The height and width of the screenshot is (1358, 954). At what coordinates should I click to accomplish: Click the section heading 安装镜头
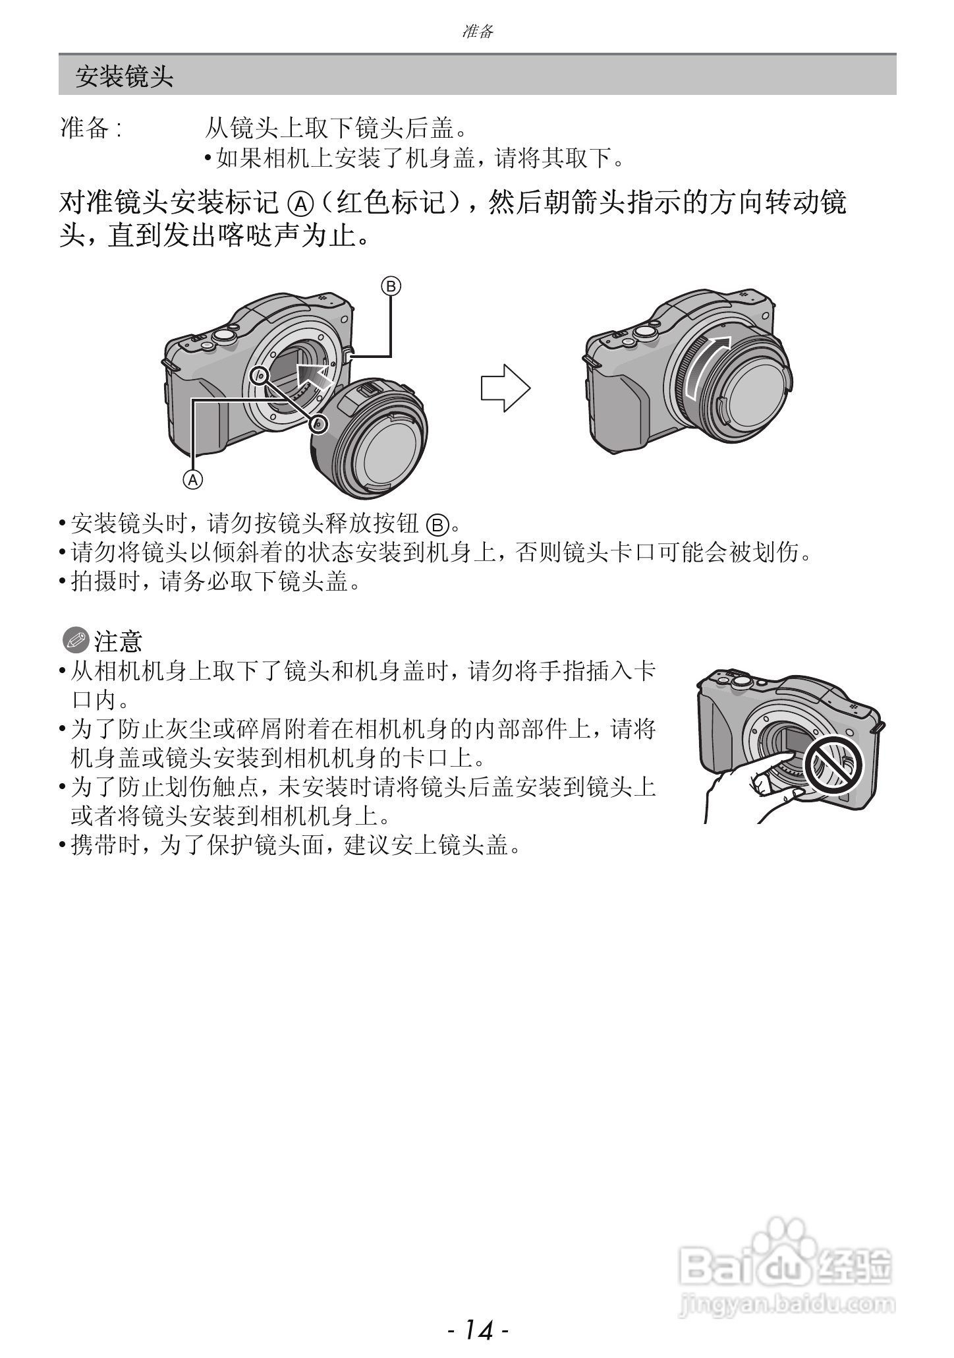(124, 77)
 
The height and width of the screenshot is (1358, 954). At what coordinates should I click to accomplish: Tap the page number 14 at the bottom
(478, 1330)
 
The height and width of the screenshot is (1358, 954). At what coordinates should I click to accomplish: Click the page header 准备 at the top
(477, 31)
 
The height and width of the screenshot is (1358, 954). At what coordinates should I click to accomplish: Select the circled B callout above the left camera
(391, 286)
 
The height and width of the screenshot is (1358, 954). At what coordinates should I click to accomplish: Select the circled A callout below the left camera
(193, 479)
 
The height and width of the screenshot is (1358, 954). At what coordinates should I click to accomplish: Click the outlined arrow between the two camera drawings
(505, 388)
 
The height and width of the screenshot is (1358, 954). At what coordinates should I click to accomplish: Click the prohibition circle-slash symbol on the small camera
(834, 764)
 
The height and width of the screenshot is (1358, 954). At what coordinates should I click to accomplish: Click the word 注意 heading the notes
(119, 640)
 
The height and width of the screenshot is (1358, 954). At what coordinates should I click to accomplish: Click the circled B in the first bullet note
(437, 525)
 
